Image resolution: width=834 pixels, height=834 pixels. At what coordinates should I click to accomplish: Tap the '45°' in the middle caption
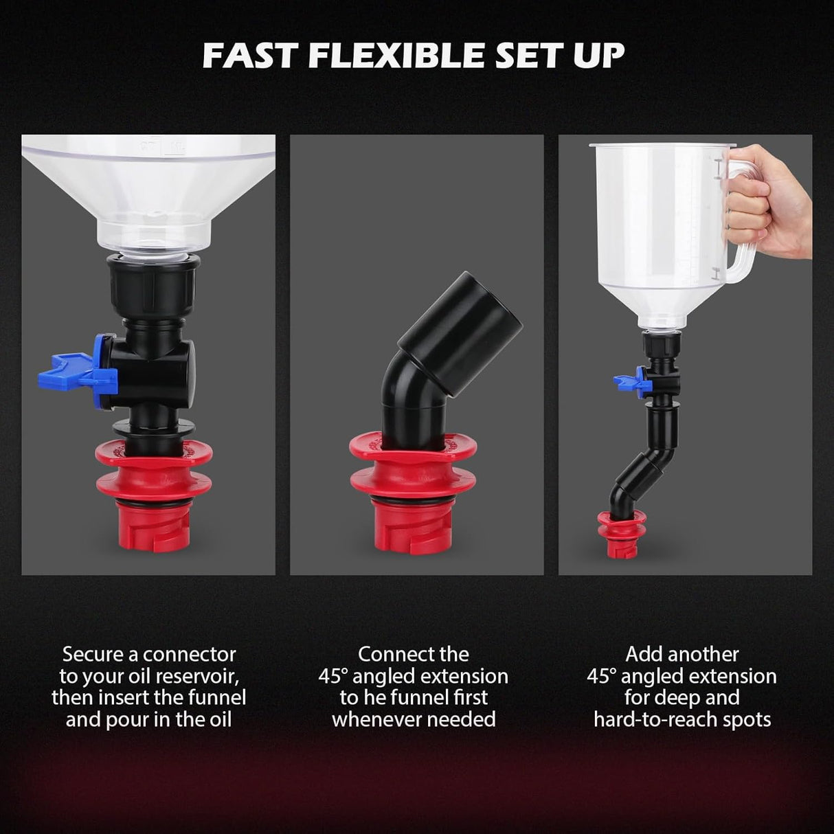click(x=333, y=676)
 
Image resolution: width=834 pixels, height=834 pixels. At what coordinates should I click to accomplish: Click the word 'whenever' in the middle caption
click(x=374, y=719)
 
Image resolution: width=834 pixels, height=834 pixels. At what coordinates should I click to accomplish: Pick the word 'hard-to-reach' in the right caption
click(x=659, y=719)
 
